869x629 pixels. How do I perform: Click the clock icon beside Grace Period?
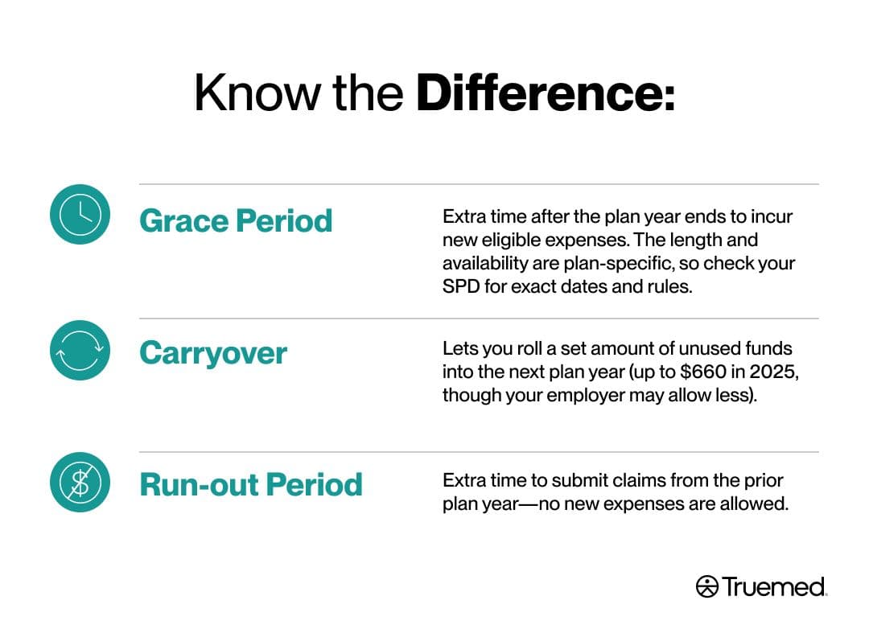(80, 215)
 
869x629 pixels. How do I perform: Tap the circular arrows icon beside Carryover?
(80, 350)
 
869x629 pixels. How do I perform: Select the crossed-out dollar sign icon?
(80, 482)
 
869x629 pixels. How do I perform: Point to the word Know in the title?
(257, 92)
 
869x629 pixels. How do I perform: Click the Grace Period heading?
(236, 221)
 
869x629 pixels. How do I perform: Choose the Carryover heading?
(213, 354)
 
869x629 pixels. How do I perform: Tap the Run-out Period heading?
(251, 485)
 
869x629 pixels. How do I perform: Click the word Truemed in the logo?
(774, 587)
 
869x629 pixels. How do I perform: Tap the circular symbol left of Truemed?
(706, 587)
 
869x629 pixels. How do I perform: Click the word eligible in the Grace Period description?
(511, 240)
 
